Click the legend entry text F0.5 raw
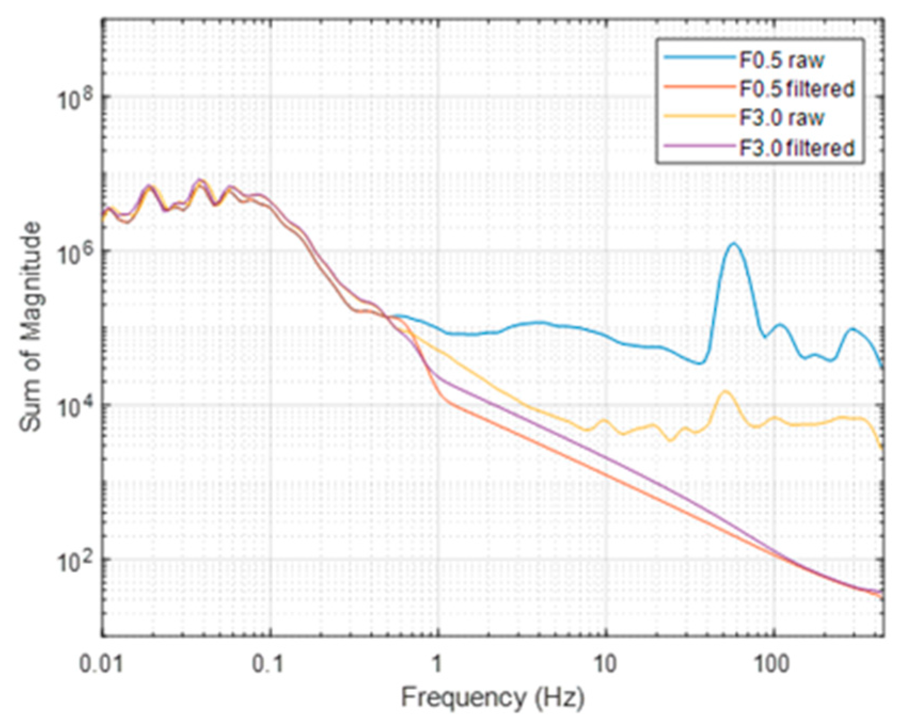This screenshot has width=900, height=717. [x=781, y=60]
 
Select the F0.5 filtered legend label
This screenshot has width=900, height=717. [x=797, y=88]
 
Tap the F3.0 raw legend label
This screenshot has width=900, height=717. [x=781, y=117]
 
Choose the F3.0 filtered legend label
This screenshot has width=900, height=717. [x=797, y=147]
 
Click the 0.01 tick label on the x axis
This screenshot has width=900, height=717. [x=101, y=665]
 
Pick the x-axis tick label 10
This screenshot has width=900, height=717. [x=606, y=665]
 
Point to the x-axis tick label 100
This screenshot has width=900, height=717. [x=772, y=665]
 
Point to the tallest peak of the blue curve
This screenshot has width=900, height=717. [x=735, y=244]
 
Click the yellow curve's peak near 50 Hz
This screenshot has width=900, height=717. [x=726, y=392]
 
